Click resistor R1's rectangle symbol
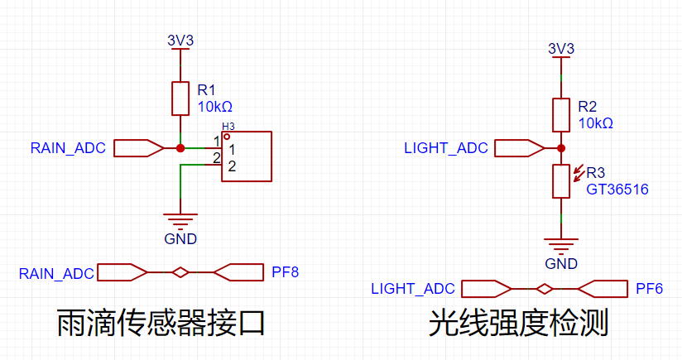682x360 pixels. (180, 98)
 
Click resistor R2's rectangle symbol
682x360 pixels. (561, 114)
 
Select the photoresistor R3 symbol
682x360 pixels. (561, 181)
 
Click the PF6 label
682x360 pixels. (650, 288)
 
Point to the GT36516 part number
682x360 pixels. (617, 190)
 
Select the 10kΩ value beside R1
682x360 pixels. (215, 107)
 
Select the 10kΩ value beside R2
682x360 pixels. (596, 123)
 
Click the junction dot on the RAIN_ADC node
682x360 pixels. (180, 148)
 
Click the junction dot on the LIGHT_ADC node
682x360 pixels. (561, 148)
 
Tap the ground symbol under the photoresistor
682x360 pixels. (561, 246)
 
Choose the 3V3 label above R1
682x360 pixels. (180, 39)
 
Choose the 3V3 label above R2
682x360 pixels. (561, 48)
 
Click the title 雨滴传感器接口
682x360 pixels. (161, 323)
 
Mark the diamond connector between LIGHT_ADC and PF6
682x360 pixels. (544, 289)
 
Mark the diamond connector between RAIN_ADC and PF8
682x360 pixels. (180, 271)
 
